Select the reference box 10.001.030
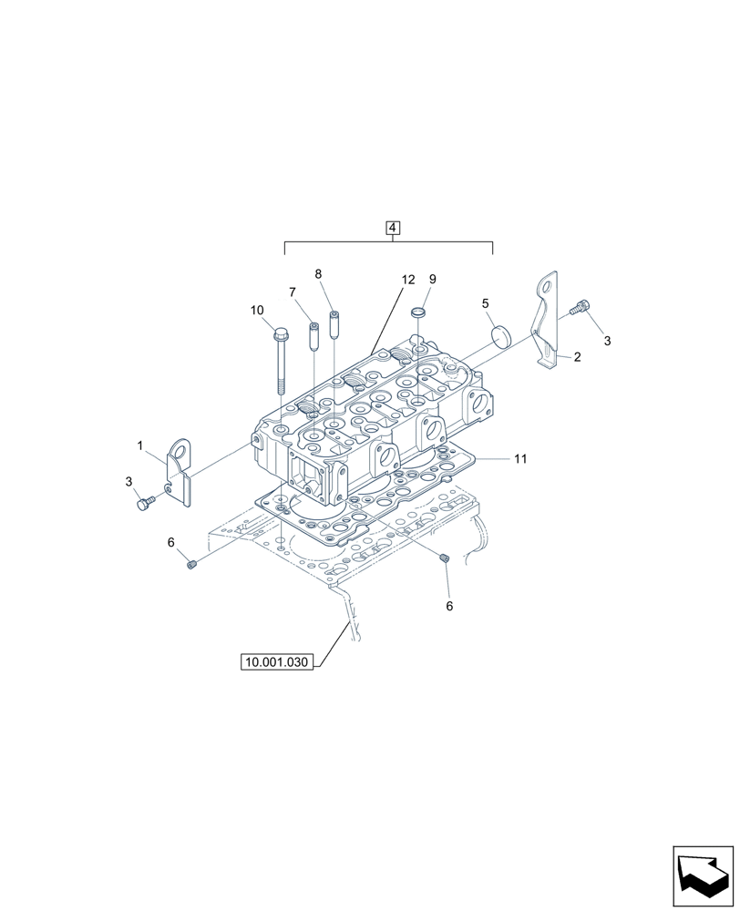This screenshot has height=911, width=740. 278,662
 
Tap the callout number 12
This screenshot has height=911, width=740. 407,280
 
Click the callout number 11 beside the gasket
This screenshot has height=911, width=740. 519,459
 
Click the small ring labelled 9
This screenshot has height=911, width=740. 420,312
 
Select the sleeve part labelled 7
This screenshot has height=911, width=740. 313,337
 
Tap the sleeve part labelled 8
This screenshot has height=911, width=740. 334,325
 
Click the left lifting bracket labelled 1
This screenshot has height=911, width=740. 181,471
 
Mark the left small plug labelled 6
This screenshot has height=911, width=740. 192,565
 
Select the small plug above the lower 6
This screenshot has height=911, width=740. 444,558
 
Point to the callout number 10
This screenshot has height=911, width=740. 258,311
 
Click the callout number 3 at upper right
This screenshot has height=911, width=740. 607,341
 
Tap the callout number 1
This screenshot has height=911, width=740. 140,445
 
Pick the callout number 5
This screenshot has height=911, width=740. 486,302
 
